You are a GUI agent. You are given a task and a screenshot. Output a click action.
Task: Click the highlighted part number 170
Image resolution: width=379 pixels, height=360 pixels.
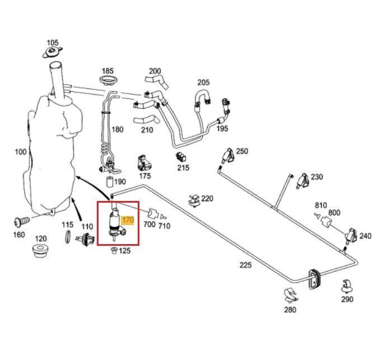click(x=127, y=221)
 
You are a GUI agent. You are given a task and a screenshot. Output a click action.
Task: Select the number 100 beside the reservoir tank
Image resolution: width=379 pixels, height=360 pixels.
click(x=21, y=152)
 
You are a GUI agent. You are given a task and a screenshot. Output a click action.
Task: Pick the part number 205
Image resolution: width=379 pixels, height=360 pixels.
click(x=203, y=83)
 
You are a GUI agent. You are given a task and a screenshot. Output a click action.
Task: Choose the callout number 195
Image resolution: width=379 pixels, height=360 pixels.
click(x=222, y=129)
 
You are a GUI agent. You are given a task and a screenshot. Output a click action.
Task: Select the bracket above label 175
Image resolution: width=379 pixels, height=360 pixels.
click(x=145, y=163)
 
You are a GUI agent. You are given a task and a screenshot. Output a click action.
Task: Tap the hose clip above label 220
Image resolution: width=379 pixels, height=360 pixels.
click(x=194, y=198)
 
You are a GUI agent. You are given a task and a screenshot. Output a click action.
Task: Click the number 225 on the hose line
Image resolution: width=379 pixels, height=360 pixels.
click(x=246, y=266)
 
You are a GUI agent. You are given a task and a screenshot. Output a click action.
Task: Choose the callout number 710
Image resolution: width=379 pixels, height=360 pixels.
click(x=164, y=226)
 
